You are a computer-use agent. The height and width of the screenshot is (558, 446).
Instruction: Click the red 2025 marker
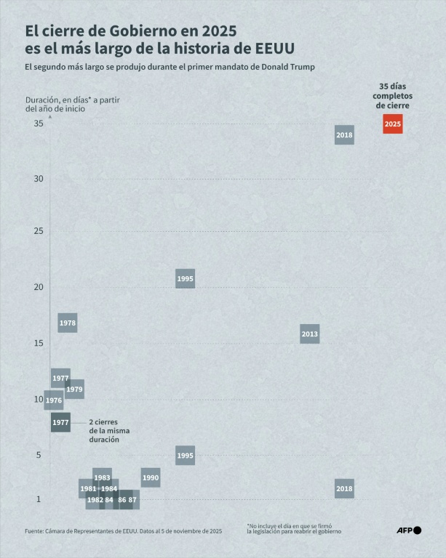(392, 124)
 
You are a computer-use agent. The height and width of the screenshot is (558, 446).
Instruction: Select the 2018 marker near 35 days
(344, 135)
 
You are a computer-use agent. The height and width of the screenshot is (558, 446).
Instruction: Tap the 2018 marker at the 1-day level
(344, 489)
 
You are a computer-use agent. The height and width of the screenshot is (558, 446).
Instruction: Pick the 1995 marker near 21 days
(185, 279)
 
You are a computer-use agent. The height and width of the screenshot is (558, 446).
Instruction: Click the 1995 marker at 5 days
(185, 456)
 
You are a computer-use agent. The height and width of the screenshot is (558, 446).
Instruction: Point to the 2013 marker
(309, 334)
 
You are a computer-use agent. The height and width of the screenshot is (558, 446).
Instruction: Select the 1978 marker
(68, 323)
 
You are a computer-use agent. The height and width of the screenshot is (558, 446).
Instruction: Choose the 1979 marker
(75, 389)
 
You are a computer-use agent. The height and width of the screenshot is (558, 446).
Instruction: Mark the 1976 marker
(53, 400)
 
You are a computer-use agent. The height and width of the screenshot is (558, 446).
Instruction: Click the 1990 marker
(151, 478)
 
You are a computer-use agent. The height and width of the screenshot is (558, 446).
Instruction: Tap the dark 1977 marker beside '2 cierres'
(60, 422)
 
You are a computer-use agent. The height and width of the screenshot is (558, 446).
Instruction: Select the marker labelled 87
(132, 500)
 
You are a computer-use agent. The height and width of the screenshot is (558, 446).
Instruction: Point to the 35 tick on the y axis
(38, 124)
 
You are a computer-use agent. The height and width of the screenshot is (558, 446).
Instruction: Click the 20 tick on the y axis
(38, 287)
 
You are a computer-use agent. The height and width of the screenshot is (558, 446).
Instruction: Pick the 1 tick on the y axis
(40, 499)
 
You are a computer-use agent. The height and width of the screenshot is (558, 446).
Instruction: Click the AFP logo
(408, 530)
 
